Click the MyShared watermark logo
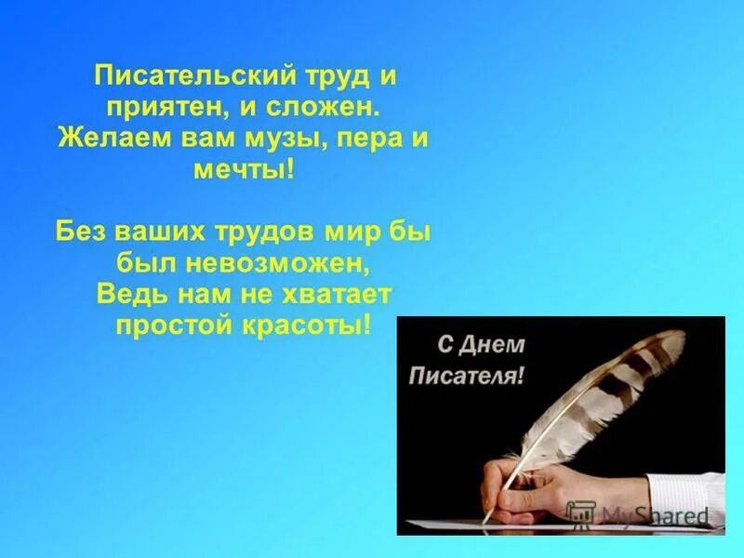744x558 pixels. pyautogui.click(x=636, y=513)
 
